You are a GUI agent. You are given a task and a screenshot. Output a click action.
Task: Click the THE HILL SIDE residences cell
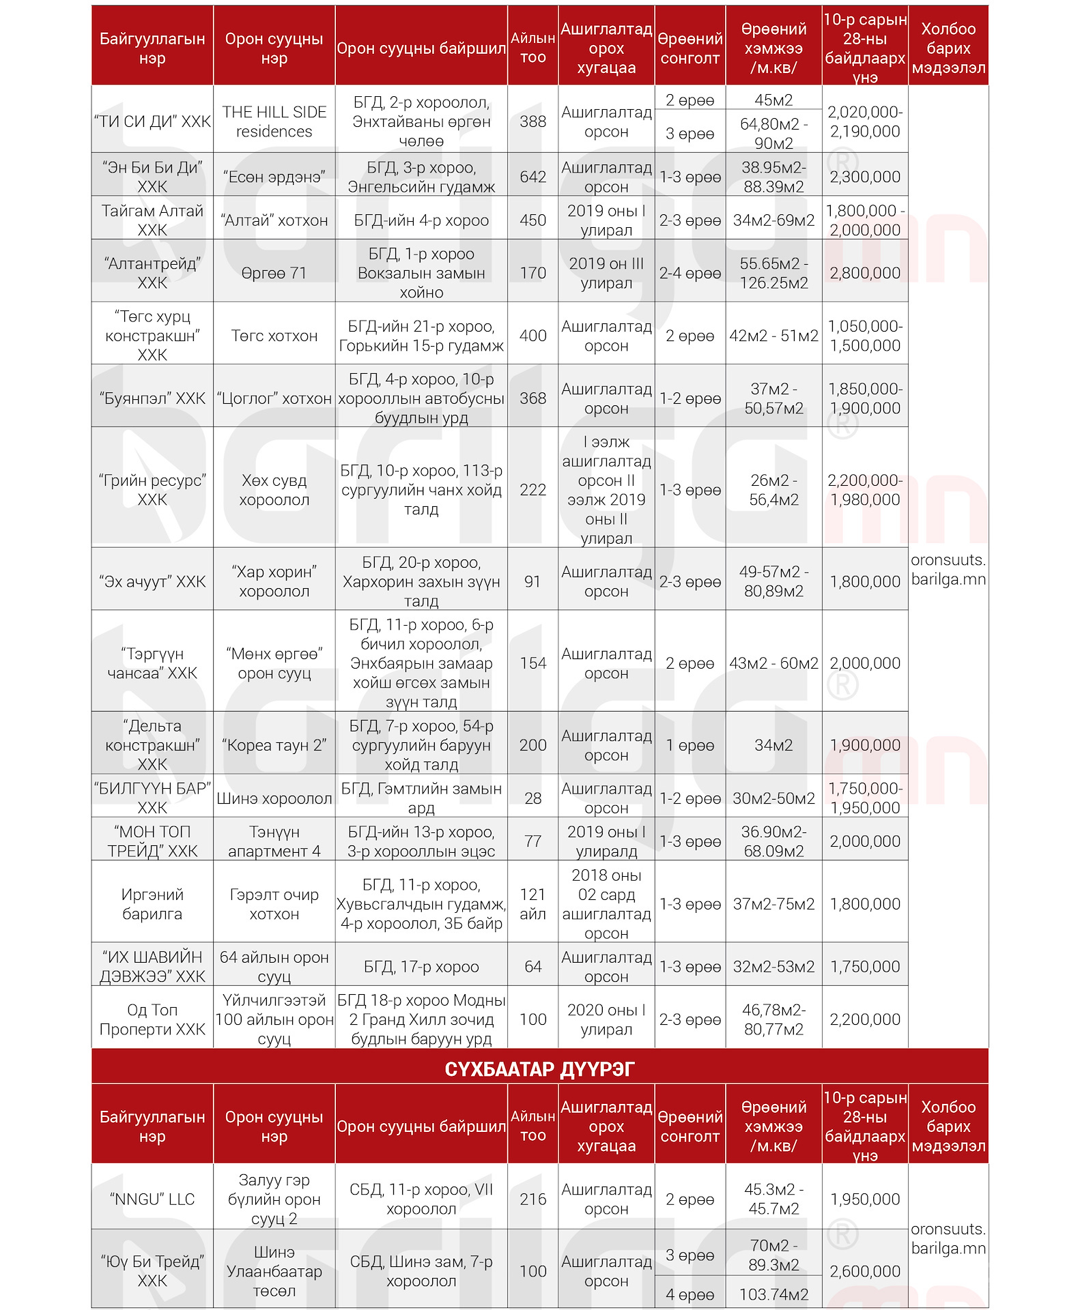(x=274, y=121)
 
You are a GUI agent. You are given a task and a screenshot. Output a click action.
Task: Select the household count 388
(x=532, y=121)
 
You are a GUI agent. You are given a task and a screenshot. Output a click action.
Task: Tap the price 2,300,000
(x=865, y=177)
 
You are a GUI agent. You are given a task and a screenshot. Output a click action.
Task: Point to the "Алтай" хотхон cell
(x=274, y=220)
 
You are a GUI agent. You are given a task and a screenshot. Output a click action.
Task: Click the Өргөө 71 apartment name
(x=274, y=273)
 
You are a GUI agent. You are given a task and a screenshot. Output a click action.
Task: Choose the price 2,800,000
(x=865, y=273)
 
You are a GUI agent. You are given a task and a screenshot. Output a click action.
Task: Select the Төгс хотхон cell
(x=274, y=336)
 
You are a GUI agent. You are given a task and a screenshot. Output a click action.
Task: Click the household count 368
(x=532, y=398)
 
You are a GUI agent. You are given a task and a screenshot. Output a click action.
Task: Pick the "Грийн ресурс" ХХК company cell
(x=152, y=490)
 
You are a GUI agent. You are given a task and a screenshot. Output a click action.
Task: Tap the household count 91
(x=532, y=581)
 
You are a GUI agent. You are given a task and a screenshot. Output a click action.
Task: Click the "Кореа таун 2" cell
(x=274, y=745)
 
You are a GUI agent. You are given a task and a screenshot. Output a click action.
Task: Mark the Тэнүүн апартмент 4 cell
(x=274, y=841)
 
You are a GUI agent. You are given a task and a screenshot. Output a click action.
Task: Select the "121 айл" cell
(x=532, y=904)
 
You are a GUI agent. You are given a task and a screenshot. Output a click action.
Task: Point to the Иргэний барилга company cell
(x=152, y=904)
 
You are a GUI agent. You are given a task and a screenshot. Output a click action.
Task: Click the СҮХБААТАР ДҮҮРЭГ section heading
(x=539, y=1069)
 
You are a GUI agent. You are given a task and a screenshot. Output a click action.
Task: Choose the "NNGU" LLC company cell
(x=152, y=1199)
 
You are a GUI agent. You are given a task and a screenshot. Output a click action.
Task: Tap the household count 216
(x=532, y=1199)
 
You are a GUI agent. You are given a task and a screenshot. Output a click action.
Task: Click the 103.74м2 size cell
(x=773, y=1294)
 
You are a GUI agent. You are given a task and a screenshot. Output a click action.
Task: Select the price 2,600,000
(x=865, y=1271)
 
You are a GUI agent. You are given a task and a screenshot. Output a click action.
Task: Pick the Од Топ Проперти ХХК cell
(x=152, y=1019)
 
